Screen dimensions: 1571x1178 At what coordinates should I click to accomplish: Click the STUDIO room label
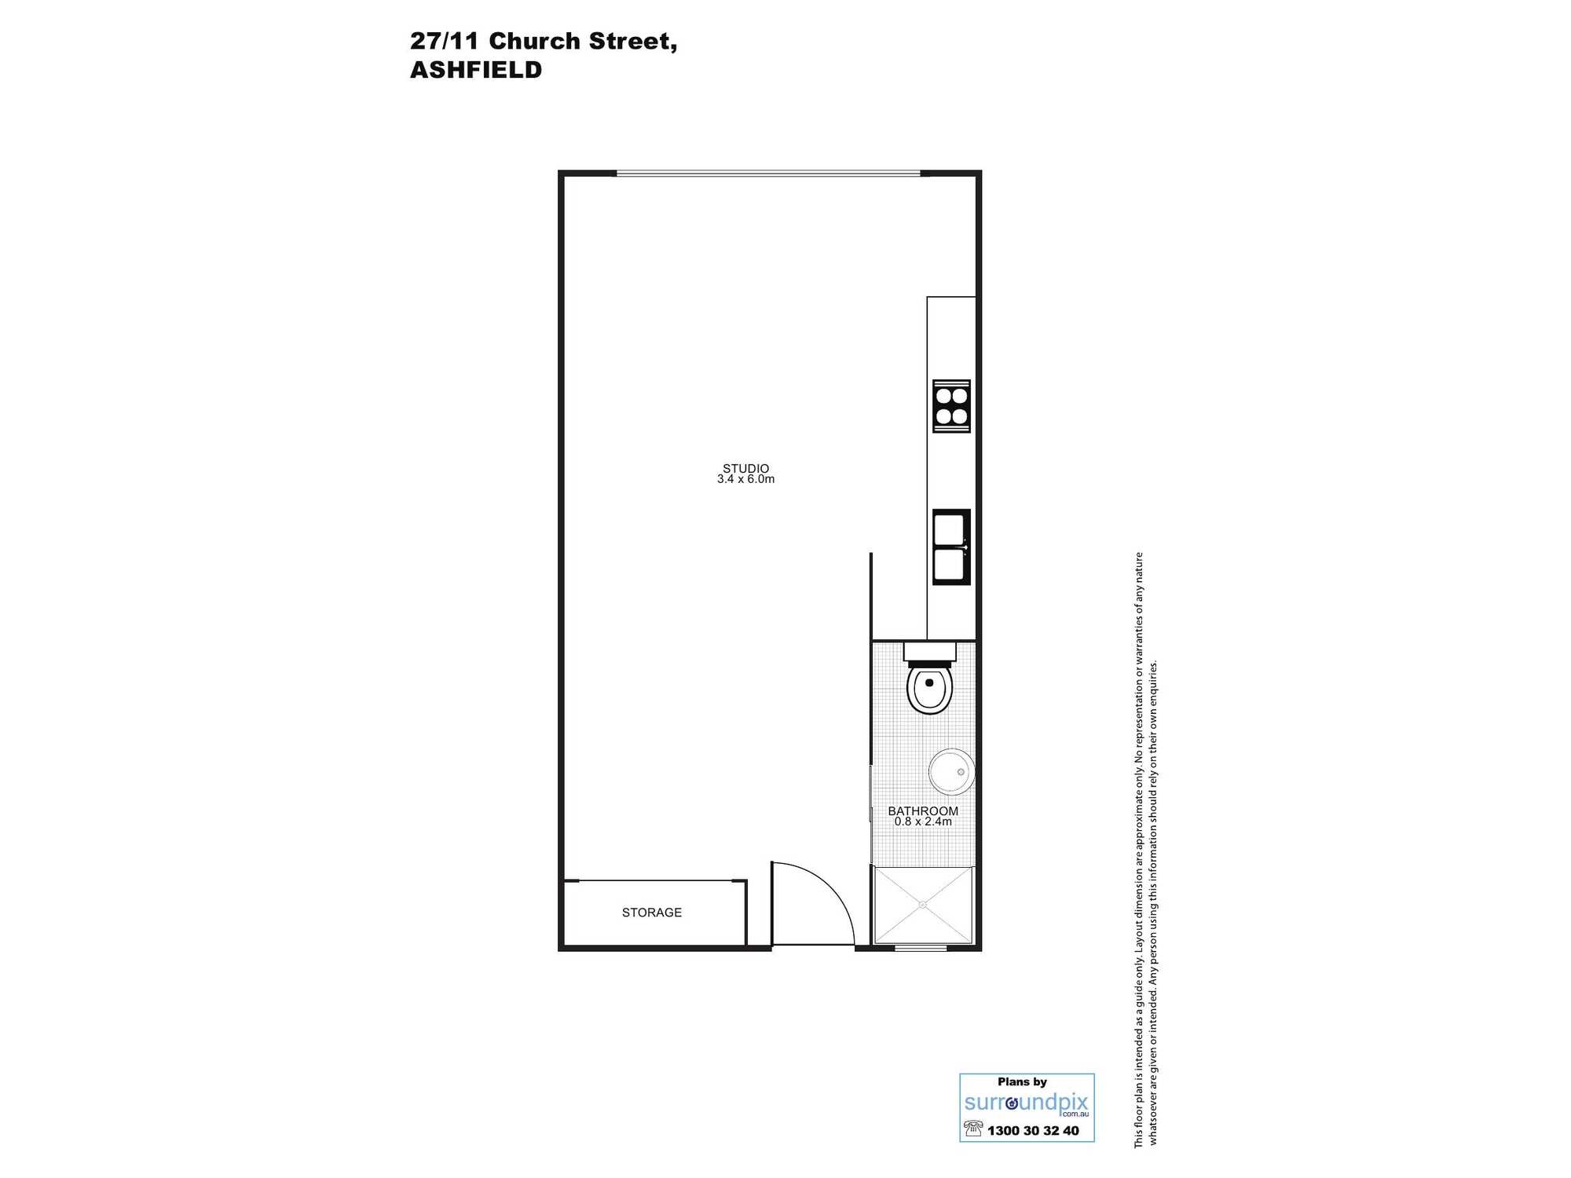click(745, 468)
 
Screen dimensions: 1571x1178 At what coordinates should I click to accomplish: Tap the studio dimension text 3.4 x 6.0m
click(745, 479)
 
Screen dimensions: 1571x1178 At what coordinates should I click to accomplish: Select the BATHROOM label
click(923, 810)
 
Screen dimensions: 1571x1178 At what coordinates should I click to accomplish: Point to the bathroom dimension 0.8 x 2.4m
click(923, 821)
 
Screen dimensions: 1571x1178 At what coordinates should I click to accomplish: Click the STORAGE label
click(652, 913)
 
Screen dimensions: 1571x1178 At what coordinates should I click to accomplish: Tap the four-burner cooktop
click(951, 406)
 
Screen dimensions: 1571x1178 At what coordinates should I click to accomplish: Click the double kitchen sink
click(951, 547)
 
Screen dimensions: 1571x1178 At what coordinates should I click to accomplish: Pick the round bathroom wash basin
click(952, 771)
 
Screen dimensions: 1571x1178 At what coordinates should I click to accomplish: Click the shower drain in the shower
click(923, 905)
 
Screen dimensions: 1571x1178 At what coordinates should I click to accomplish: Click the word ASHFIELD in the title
click(476, 70)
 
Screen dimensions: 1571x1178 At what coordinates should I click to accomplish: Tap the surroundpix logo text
click(1027, 1103)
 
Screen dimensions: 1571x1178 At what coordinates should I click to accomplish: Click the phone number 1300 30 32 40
click(1033, 1131)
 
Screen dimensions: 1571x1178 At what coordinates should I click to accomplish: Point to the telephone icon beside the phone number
click(973, 1129)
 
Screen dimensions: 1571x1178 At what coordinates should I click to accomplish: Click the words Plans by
click(1022, 1082)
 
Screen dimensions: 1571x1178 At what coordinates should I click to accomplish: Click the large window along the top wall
click(768, 174)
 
